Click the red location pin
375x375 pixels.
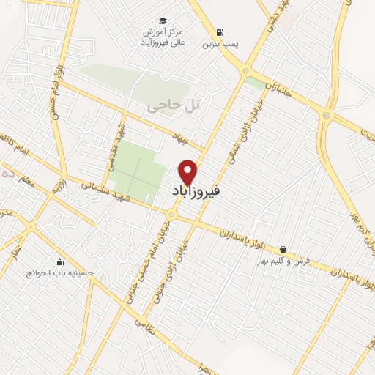[x=188, y=171]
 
